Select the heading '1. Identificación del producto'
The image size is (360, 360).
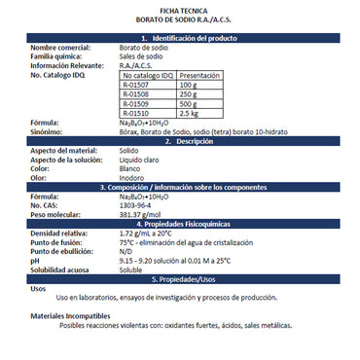[x=180, y=36]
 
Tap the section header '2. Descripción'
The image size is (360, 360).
[x=180, y=141]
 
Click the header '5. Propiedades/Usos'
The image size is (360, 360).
[x=180, y=277]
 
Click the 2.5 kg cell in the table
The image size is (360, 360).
[x=192, y=113]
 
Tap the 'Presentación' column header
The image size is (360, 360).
[x=200, y=75]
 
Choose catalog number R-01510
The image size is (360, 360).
[x=136, y=113]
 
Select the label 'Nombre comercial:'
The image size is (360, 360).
[x=60, y=46]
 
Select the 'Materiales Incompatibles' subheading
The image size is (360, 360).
[x=69, y=317]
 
